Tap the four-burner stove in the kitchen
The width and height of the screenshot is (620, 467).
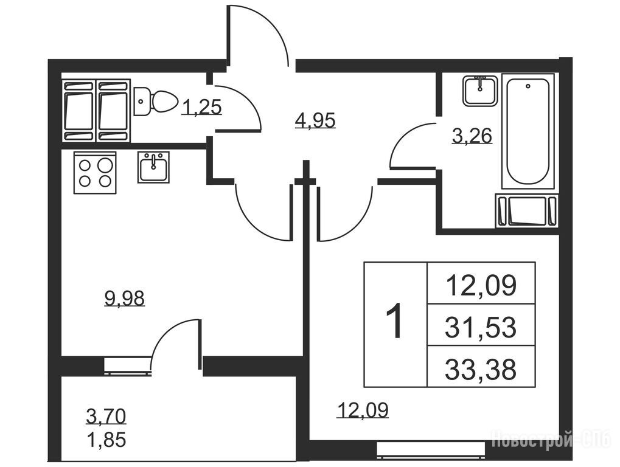[95, 173]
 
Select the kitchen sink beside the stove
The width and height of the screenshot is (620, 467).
[153, 167]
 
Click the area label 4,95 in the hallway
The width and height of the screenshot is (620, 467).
[315, 120]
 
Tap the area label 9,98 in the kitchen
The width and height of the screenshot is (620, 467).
[125, 299]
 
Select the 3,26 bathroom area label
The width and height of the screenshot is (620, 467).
[472, 136]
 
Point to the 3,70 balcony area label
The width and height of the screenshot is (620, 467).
[106, 416]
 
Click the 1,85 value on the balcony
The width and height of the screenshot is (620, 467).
[106, 440]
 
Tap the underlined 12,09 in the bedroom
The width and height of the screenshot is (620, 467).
[363, 410]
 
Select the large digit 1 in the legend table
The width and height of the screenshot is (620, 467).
[394, 320]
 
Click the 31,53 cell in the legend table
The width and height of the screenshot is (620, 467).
[481, 327]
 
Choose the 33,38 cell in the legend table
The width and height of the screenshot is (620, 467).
[481, 369]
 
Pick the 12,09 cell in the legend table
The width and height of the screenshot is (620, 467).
[481, 285]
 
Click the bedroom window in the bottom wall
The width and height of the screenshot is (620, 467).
[431, 450]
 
